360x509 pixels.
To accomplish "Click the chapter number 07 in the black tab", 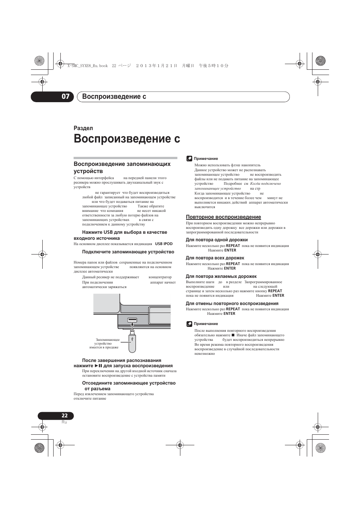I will [65, 97].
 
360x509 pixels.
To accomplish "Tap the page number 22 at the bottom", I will [65, 415].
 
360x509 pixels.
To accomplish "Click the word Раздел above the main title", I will [83, 128].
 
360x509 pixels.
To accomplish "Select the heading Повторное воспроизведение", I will [223, 217].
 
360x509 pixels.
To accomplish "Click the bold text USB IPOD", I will [164, 244].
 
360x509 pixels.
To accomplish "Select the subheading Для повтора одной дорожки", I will [217, 240].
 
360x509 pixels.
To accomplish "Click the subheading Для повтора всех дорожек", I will [215, 258].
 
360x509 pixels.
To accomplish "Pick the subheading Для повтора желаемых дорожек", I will [221, 276].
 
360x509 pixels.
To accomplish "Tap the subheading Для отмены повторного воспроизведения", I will [232, 304].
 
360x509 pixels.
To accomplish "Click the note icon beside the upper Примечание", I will [189, 158].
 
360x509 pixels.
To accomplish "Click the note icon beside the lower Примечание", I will [189, 323].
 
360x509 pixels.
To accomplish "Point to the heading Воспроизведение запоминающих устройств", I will [122, 167].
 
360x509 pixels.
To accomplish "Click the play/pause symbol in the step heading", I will [98, 366].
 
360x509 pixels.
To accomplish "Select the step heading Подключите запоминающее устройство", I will [128, 252].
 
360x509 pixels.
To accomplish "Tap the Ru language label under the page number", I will [64, 422].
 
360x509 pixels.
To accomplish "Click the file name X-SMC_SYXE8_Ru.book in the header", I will [87, 66].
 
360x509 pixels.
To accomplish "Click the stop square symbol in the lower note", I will [233, 335].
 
